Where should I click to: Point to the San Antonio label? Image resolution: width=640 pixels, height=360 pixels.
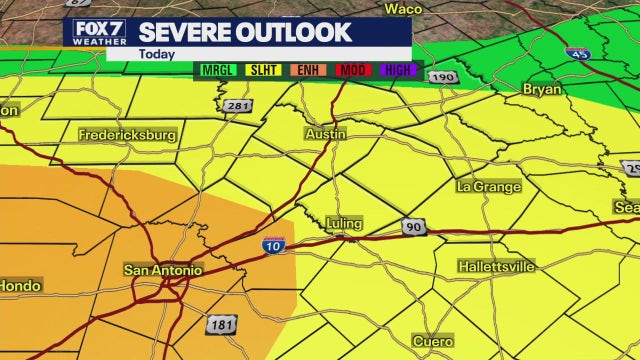coord(162,270)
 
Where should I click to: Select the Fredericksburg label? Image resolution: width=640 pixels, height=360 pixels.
coord(127,133)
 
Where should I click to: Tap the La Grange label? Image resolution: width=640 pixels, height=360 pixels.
coord(489,187)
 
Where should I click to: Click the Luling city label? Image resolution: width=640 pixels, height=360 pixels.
coord(343,223)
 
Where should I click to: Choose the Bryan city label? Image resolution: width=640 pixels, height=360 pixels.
coord(541,89)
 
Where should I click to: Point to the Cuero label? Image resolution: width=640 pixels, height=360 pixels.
coord(433,341)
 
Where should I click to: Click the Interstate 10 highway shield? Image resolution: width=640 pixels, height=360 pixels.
coord(272,245)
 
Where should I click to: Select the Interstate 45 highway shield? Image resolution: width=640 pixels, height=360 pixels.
coord(577,51)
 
